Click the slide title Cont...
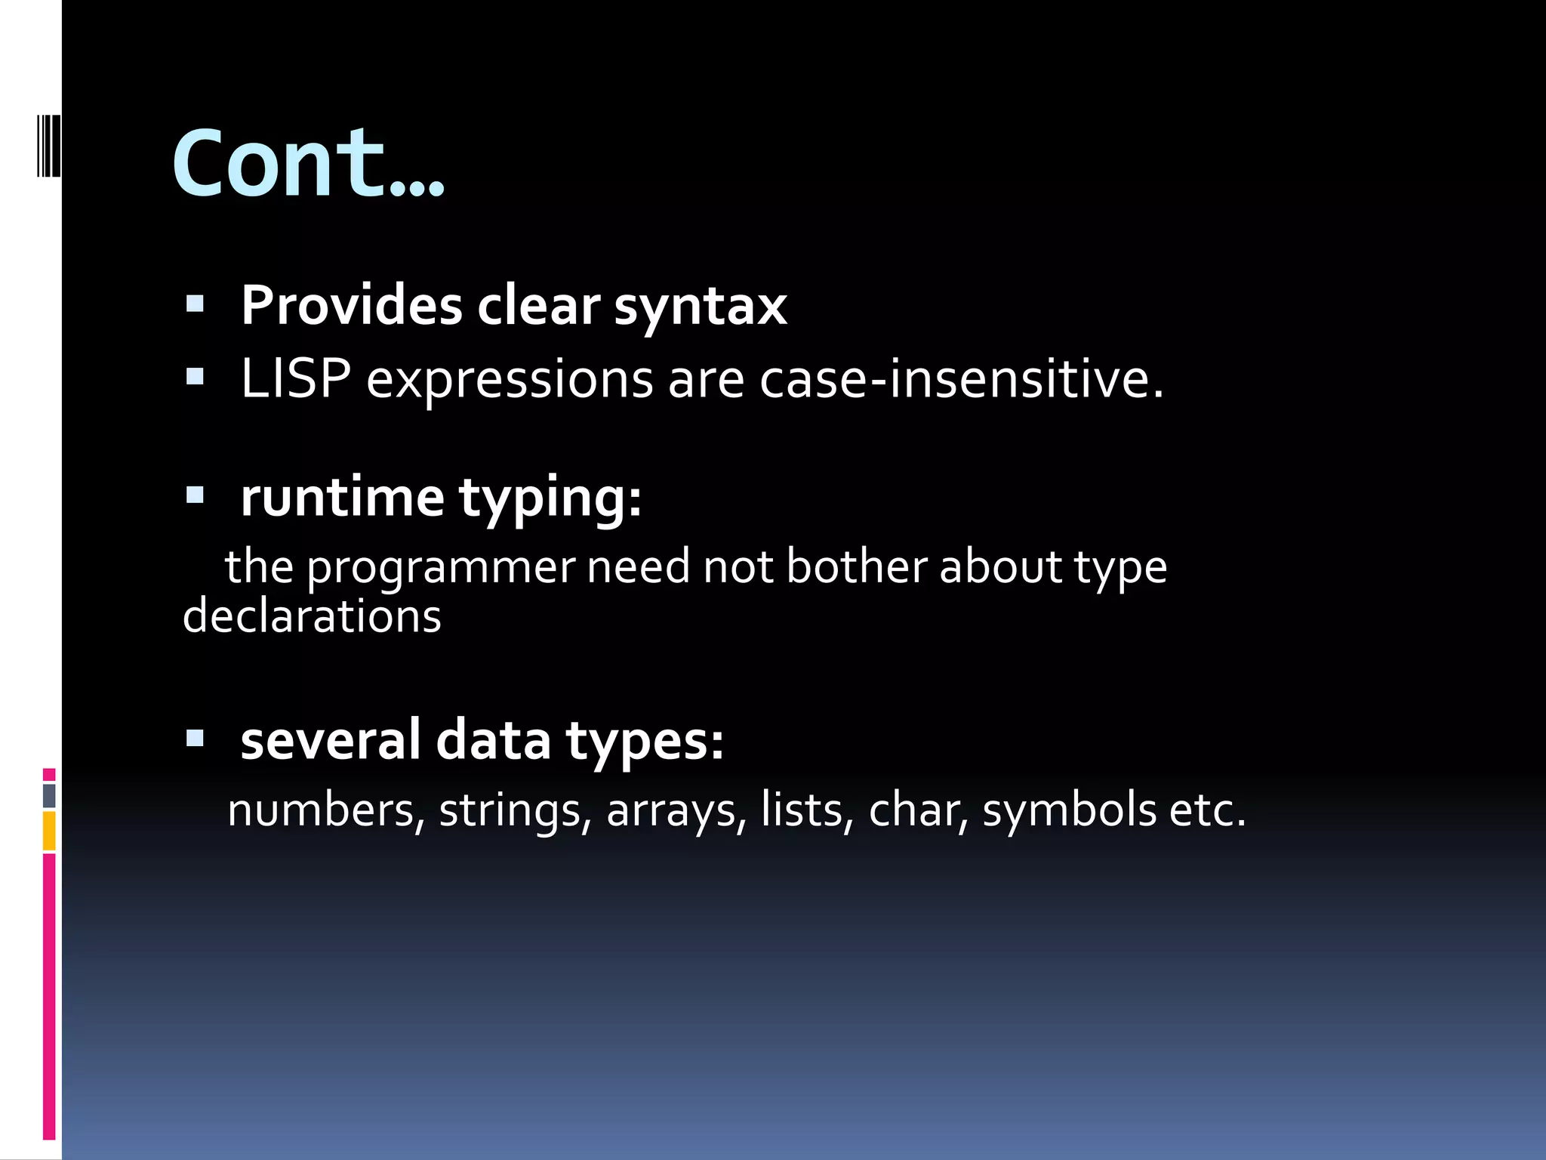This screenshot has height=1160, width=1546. [x=308, y=164]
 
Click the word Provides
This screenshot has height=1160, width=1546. [x=351, y=306]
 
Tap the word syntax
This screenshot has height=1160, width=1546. [x=701, y=307]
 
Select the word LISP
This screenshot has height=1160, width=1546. [x=295, y=378]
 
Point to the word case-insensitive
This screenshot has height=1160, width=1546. [x=961, y=378]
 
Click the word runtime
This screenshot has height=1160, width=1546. [x=342, y=498]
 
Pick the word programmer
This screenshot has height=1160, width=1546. [x=441, y=567]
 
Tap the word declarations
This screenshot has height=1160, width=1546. [x=312, y=615]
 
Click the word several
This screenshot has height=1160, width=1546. [x=330, y=740]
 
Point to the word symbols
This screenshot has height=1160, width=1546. [x=1069, y=810]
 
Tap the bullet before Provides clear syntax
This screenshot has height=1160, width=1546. [x=195, y=305]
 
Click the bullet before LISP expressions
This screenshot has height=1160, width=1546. [x=195, y=377]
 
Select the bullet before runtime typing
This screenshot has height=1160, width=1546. [x=195, y=496]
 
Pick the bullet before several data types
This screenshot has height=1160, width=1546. [x=195, y=738]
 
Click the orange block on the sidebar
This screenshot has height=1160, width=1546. [x=49, y=831]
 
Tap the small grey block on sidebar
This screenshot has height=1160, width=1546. [x=49, y=795]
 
